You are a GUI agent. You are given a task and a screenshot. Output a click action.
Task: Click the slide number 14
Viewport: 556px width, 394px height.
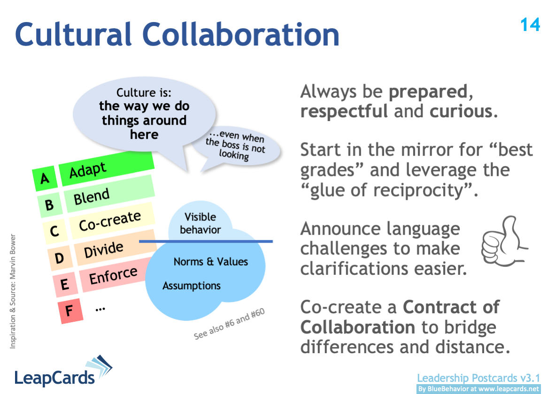(530, 24)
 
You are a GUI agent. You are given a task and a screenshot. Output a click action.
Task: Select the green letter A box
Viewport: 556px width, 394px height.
(45, 178)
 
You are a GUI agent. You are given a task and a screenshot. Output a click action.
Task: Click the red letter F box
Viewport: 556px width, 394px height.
(69, 311)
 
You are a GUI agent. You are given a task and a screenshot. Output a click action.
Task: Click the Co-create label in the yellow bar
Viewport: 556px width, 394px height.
(110, 221)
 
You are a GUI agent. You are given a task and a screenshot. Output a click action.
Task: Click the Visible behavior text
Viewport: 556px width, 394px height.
(200, 223)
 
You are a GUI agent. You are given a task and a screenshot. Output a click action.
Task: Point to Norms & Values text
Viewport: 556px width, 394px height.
(210, 262)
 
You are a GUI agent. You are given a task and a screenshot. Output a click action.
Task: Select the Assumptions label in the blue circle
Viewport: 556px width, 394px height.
(192, 286)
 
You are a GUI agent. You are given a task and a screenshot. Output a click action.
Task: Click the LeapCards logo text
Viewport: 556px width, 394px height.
(54, 377)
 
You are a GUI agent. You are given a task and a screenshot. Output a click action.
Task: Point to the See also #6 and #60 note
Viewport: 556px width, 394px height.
(230, 324)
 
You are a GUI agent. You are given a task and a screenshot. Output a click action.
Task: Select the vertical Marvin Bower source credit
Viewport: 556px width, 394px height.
(13, 291)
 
